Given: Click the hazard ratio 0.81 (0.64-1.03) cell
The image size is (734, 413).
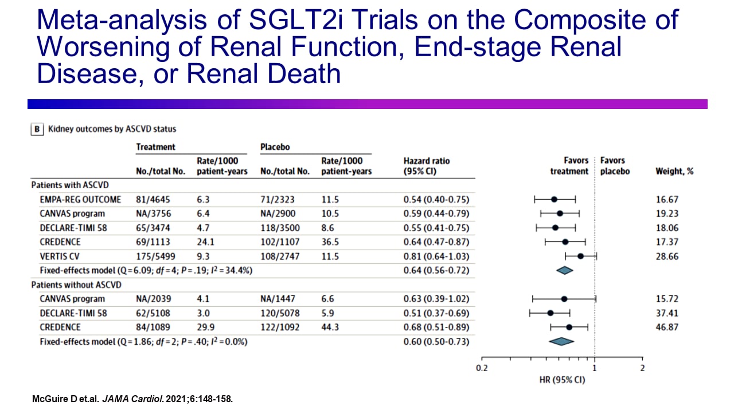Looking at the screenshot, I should pyautogui.click(x=436, y=256).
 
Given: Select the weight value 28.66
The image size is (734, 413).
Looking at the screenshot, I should pyautogui.click(x=667, y=256).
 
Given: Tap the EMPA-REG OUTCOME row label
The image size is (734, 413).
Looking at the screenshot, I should pyautogui.click(x=80, y=200).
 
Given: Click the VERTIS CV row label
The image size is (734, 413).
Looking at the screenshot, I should pyautogui.click(x=60, y=256).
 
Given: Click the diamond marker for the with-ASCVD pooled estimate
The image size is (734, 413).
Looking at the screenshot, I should pyautogui.click(x=565, y=270).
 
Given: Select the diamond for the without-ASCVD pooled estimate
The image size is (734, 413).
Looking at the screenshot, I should pyautogui.click(x=561, y=341).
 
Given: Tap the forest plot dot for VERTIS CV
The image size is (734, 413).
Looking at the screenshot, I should pyautogui.click(x=580, y=256).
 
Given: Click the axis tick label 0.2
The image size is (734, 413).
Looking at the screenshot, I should pyautogui.click(x=482, y=368).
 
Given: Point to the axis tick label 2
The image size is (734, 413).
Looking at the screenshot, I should pyautogui.click(x=642, y=368).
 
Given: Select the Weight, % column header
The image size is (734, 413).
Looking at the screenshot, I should pyautogui.click(x=674, y=171).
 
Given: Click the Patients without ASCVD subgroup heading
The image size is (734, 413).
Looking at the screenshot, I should pyautogui.click(x=76, y=285).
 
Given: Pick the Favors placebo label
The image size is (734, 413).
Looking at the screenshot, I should pyautogui.click(x=615, y=166).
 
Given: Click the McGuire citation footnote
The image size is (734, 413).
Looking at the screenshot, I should pyautogui.click(x=132, y=399).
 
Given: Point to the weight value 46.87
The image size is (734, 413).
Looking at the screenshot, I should pyautogui.click(x=667, y=327).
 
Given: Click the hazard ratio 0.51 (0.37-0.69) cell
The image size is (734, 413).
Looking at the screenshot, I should pyautogui.click(x=436, y=313).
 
